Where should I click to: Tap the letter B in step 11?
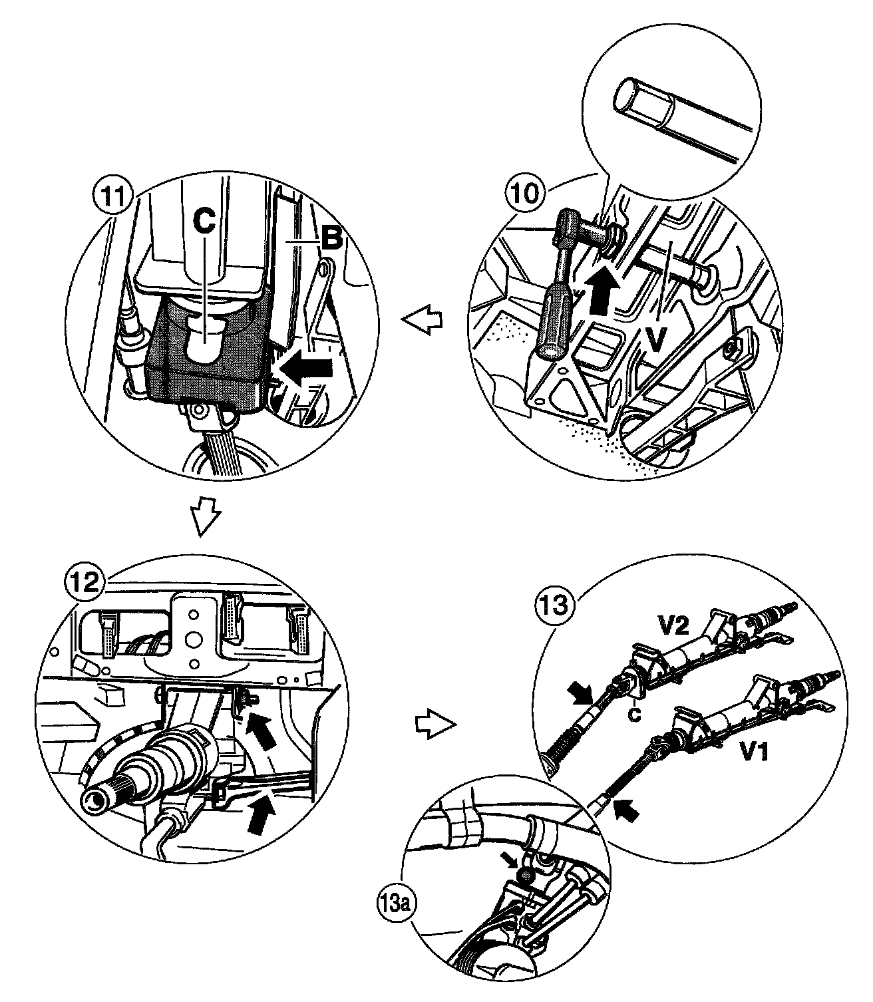[x=331, y=240]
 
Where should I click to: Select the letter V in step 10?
[x=656, y=339]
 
